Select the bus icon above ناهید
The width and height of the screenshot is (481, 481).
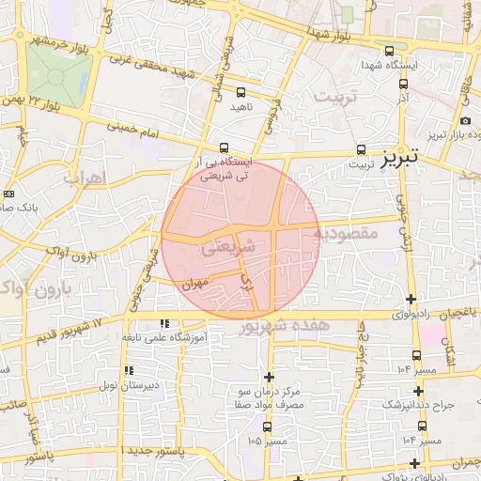(x=241, y=92)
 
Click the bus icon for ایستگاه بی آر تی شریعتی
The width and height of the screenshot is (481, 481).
(x=224, y=147)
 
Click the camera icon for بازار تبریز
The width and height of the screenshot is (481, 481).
(x=466, y=121)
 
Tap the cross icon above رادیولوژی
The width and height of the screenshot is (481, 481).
(x=411, y=299)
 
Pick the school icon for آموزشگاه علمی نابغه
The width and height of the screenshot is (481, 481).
(x=166, y=323)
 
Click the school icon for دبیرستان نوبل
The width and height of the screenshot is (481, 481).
(x=128, y=371)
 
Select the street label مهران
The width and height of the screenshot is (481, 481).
(x=194, y=281)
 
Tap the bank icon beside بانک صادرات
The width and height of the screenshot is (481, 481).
(x=9, y=194)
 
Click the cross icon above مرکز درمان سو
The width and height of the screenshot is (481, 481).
(x=269, y=377)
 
